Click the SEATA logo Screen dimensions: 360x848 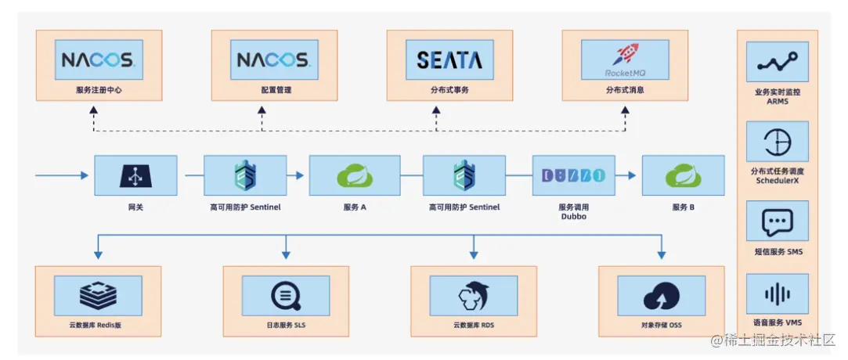coord(449,60)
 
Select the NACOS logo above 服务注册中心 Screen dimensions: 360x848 coord(99,59)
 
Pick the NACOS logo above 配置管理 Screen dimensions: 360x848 coord(273,59)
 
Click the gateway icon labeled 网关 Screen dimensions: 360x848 coord(135,176)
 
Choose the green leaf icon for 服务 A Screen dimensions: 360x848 coord(354,176)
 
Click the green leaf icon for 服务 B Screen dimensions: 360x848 coord(683,176)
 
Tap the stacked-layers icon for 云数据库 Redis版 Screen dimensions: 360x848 coord(98,296)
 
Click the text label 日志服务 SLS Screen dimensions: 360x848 coord(285,325)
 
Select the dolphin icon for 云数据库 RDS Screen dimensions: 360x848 coord(474,296)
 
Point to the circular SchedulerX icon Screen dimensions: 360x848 coord(777,142)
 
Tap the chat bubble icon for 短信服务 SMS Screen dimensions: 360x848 coord(777,222)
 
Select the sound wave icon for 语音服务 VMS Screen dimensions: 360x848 coord(777,295)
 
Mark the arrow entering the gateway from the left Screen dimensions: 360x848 coord(63,175)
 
